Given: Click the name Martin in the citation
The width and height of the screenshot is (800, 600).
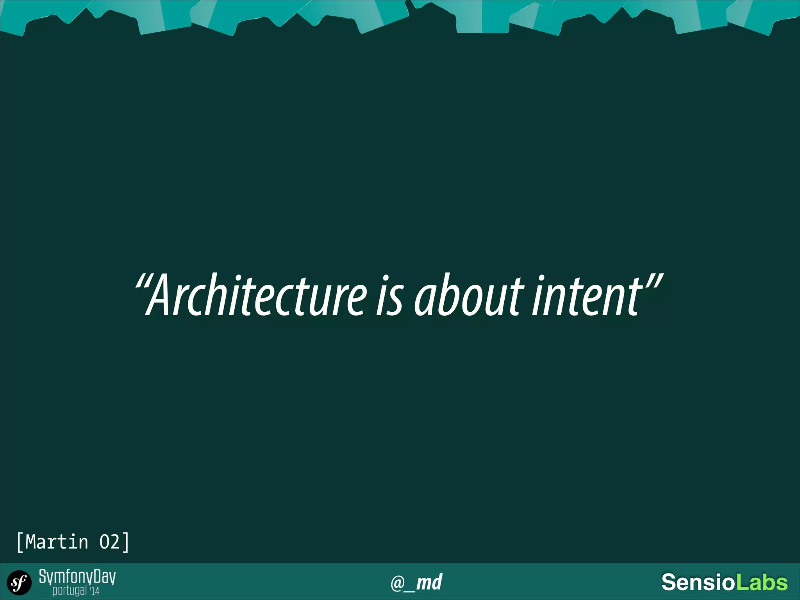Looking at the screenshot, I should tap(57, 542).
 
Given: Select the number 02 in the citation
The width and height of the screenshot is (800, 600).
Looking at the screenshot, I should tap(109, 542).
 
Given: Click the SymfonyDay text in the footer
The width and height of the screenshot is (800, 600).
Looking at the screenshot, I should tap(77, 577).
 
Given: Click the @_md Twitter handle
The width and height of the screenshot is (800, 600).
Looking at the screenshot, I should tap(416, 582).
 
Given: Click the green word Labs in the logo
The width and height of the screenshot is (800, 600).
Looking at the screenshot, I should tap(761, 582).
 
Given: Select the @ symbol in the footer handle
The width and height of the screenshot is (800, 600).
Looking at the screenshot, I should tap(398, 583).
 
